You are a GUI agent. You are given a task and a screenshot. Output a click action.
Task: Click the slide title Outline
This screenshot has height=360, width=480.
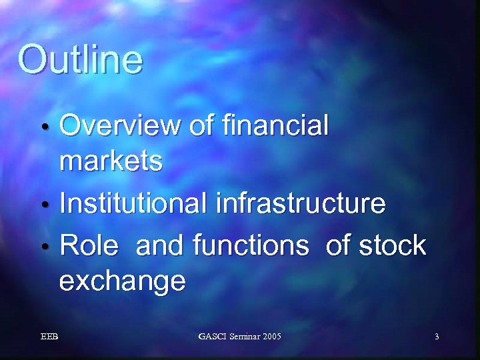80,59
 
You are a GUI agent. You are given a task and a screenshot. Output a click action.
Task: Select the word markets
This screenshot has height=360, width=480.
111,161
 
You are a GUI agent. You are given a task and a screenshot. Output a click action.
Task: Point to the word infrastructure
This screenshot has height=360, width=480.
301,204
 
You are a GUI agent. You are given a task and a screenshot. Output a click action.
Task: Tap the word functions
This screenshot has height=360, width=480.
251,246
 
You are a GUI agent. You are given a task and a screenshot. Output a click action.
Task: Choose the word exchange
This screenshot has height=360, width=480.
122,282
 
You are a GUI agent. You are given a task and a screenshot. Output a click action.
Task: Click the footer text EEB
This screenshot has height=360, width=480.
49,337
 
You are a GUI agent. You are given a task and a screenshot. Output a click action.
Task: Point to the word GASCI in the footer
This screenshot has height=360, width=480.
212,337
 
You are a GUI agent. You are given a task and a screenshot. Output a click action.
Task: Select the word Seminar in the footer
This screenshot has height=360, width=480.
244,337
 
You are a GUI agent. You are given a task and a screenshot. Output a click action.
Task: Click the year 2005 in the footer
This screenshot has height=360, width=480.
272,337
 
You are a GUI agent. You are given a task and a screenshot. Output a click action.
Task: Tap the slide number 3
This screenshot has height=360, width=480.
437,337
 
